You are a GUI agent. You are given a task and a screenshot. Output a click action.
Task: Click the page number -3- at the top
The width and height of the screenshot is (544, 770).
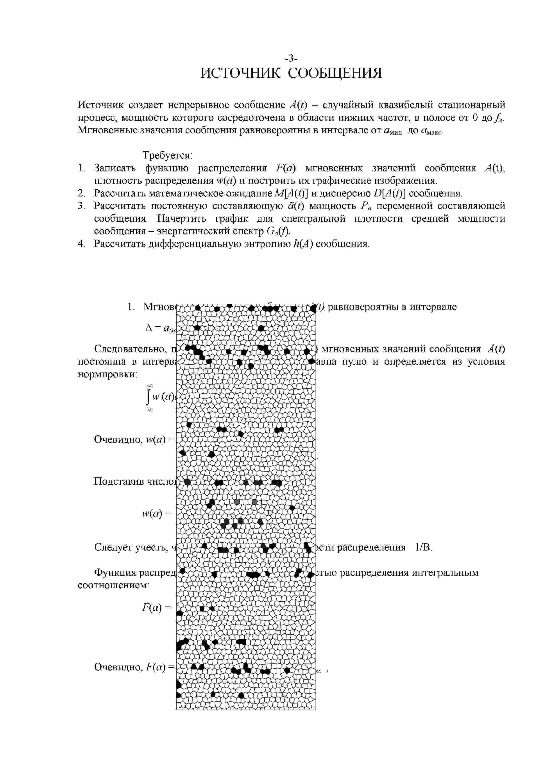coord(291,59)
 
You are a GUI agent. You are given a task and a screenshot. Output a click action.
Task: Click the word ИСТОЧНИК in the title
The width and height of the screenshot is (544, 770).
coord(241,73)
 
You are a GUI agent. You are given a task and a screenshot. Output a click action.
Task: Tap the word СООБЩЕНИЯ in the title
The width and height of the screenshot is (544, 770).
coord(335,73)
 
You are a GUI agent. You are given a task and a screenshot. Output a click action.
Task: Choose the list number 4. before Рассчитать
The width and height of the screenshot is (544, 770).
coord(81,244)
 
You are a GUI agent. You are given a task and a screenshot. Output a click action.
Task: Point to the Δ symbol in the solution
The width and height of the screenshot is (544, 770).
coord(149,328)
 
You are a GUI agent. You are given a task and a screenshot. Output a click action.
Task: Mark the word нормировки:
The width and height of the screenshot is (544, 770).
coord(107,374)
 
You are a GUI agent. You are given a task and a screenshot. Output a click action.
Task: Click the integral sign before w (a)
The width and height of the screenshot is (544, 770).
coord(148,398)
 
